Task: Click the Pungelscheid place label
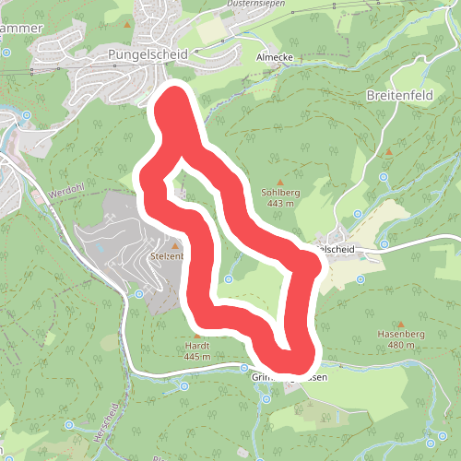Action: tap(147, 54)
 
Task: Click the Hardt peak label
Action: tap(197, 345)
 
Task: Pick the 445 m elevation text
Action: tap(197, 356)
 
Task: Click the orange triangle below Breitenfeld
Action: tap(389, 150)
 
